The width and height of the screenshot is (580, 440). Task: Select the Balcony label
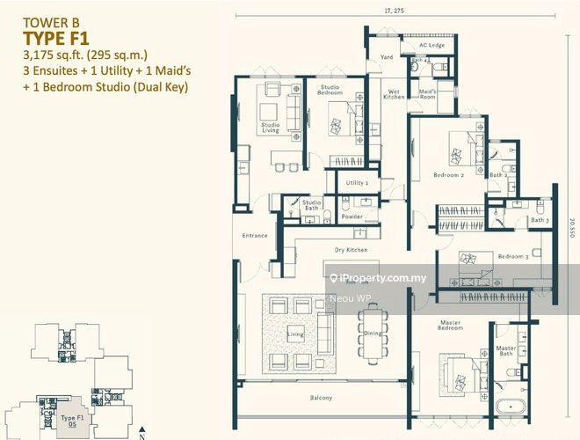321,399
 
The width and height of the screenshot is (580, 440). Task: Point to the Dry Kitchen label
351,251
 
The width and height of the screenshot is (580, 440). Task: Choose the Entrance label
255,236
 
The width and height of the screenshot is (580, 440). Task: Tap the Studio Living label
271,128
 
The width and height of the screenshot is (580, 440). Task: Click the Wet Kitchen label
395,93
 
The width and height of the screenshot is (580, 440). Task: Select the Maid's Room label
427,93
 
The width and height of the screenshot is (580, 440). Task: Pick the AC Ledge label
431,45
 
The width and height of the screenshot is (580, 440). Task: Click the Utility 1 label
356,183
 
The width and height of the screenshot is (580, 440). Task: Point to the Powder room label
352,216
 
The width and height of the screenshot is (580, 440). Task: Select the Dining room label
373,333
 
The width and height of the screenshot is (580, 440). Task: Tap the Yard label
387,57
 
